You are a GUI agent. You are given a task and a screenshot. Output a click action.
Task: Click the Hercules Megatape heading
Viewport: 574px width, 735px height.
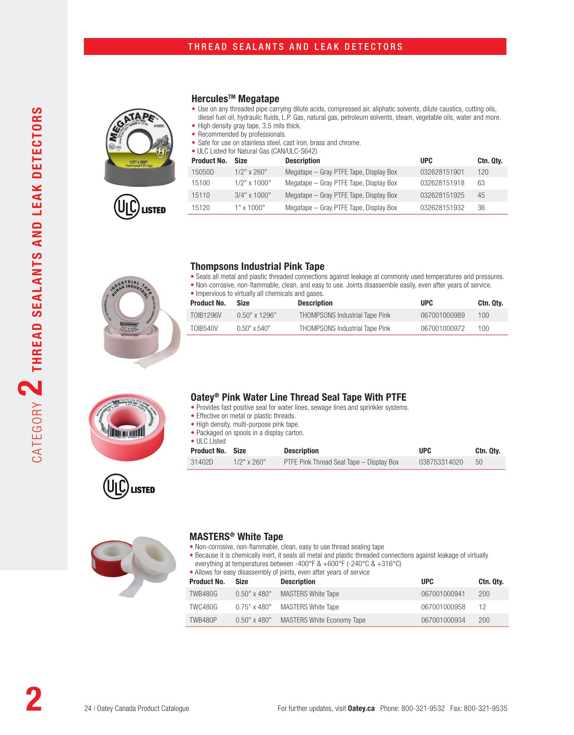[x=235, y=99]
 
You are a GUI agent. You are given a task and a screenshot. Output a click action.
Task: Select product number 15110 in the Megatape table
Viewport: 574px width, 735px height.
[x=201, y=195]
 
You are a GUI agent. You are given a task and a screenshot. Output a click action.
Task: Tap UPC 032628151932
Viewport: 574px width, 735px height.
[x=442, y=207]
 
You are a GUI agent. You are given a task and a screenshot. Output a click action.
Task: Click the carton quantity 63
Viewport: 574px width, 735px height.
[x=481, y=183]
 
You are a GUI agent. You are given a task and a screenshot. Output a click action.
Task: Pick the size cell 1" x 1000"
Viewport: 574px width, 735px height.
[x=249, y=207]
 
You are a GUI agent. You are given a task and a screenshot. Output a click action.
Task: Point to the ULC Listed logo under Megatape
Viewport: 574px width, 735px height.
[x=140, y=207]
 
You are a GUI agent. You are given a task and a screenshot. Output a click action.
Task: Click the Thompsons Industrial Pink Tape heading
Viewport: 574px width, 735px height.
[x=257, y=267]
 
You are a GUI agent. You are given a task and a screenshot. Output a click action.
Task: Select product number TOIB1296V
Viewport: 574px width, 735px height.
[x=206, y=315]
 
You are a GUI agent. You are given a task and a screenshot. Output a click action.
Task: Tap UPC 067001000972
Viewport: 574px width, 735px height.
[x=442, y=329]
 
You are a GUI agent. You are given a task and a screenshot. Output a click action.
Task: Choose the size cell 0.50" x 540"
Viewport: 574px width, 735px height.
[x=253, y=329]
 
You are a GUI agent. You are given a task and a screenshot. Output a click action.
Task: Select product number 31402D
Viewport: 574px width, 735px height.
[x=202, y=462]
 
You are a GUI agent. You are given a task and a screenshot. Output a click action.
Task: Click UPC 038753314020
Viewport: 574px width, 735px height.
[x=441, y=462]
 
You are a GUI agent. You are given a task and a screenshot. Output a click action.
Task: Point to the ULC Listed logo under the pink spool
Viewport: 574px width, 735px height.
[x=129, y=487]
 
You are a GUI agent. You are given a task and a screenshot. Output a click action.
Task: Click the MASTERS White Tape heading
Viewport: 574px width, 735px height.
[x=236, y=537]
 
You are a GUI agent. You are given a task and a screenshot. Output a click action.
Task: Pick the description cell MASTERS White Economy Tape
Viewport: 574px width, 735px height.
[x=323, y=620]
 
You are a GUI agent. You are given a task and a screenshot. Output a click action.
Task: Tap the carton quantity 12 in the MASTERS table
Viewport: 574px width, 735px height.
[x=482, y=607]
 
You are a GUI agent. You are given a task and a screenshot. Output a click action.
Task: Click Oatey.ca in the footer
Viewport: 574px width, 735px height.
[x=361, y=709]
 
